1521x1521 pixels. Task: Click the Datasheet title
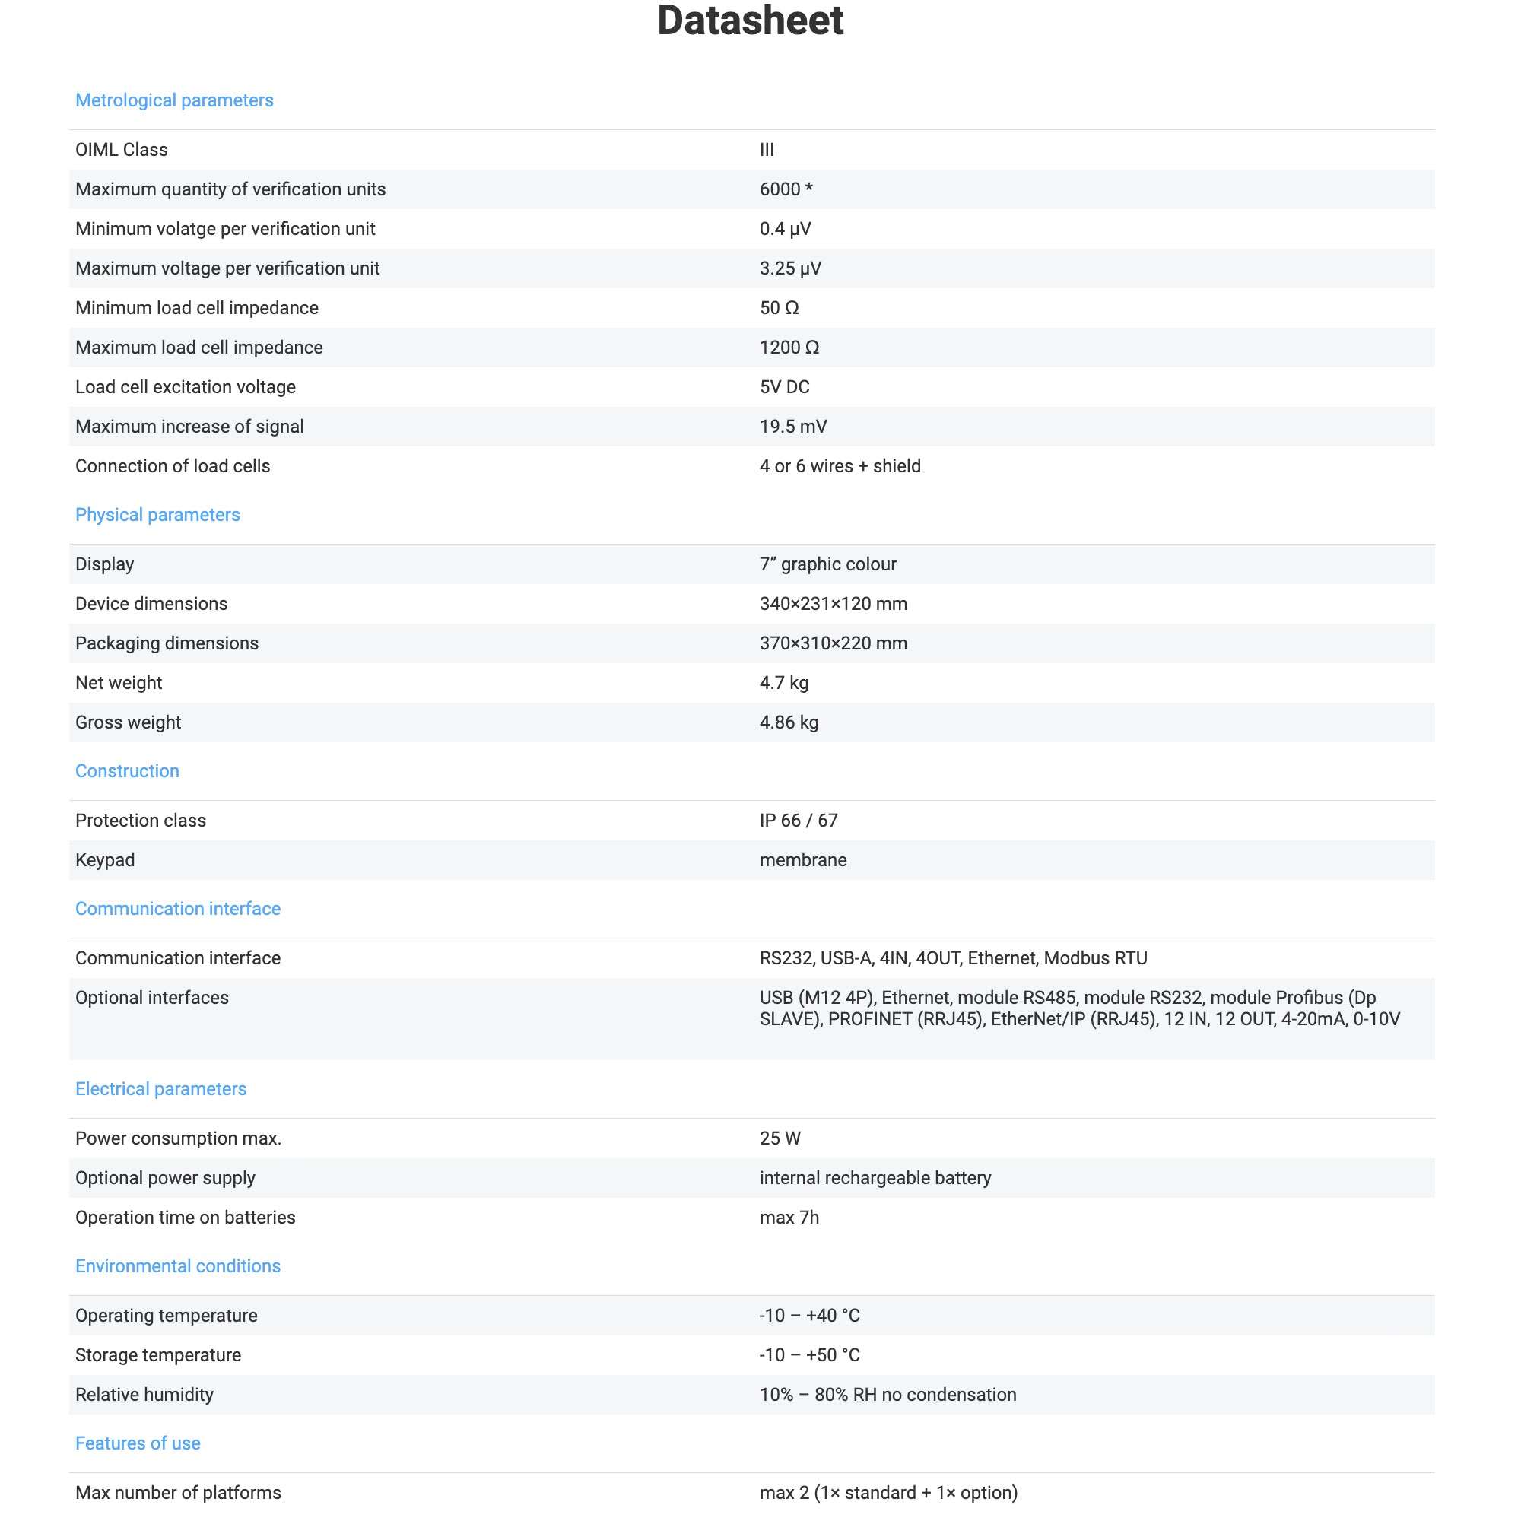[750, 21]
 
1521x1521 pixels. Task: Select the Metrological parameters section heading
[174, 101]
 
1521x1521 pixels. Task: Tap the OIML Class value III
[766, 150]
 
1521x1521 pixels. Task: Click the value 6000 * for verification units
[785, 189]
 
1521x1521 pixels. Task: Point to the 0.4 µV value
[784, 229]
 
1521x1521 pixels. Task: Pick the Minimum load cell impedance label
[197, 308]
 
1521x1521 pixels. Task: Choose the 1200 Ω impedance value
[789, 348]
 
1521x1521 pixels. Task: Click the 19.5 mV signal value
[792, 427]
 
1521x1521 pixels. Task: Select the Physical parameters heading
[157, 515]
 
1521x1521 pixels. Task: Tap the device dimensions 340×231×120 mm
[833, 604]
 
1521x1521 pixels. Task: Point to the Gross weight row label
[129, 722]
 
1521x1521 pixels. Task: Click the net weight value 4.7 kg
[783, 683]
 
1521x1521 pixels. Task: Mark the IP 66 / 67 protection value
[799, 821]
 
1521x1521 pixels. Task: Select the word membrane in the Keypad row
[802, 859]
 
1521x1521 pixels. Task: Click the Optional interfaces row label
[152, 998]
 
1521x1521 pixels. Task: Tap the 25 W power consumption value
[780, 1138]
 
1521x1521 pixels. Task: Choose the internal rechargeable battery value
[875, 1178]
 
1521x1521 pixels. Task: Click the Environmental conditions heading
[178, 1266]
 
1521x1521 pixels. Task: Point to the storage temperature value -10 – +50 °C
[809, 1355]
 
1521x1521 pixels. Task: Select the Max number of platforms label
[178, 1493]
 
